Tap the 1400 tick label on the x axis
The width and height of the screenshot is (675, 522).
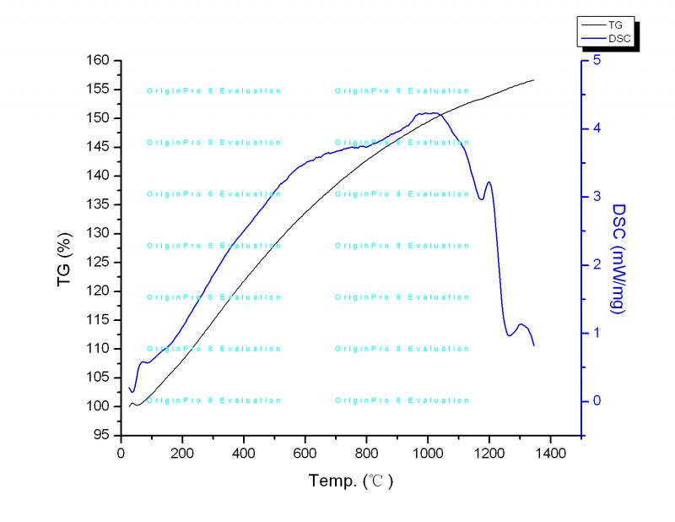click(550, 452)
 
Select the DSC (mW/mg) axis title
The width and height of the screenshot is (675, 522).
click(618, 258)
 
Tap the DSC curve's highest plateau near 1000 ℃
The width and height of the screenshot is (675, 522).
click(430, 113)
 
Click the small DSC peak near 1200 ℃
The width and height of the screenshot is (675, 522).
click(488, 182)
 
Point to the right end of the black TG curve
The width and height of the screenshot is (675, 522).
click(534, 80)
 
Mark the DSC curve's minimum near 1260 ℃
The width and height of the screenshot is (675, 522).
click(509, 335)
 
